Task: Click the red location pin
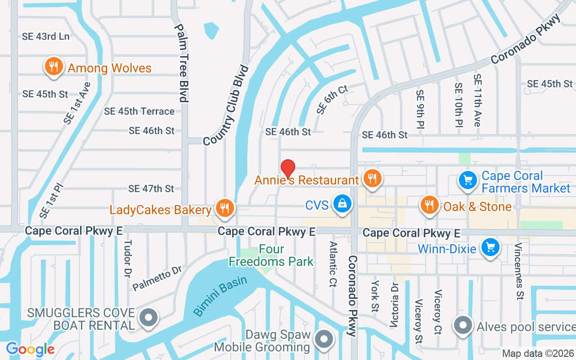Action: tap(288, 169)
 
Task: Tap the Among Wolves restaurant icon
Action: tap(54, 67)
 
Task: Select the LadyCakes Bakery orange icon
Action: tap(224, 208)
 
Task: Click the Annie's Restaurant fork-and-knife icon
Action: tap(372, 178)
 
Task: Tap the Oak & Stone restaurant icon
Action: tap(429, 205)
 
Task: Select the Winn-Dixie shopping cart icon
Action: tap(490, 247)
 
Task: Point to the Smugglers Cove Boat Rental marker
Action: tap(148, 318)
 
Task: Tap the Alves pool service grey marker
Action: tap(462, 325)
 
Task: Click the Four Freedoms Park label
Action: tap(271, 255)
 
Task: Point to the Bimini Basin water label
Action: tap(220, 296)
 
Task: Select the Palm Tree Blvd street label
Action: tap(182, 63)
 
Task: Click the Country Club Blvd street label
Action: tap(226, 106)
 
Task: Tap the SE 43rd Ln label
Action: tap(45, 36)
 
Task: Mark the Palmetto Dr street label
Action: tap(157, 278)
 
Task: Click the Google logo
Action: tap(30, 349)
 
